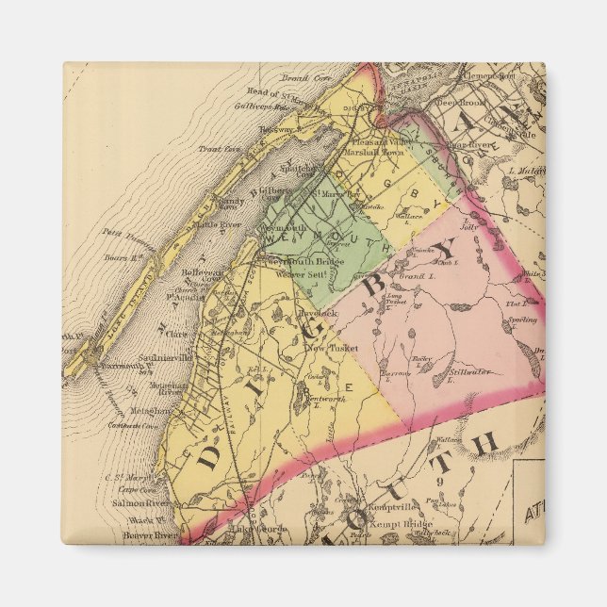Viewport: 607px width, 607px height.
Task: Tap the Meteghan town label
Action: [150, 411]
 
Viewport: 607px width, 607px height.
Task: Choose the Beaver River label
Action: [150, 535]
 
